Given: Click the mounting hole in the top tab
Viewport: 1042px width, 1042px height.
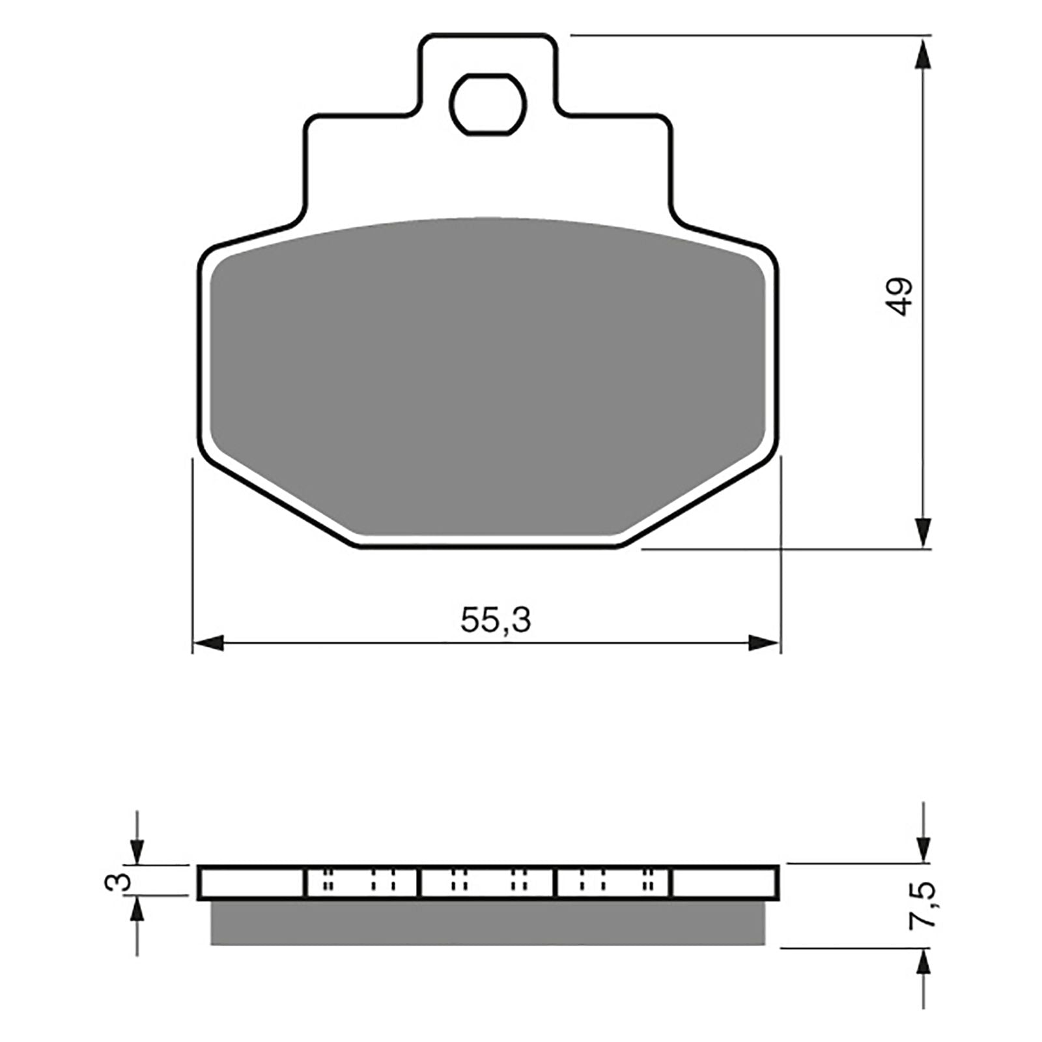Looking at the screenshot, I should coord(487,104).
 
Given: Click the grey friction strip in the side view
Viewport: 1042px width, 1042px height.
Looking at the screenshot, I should coord(487,923).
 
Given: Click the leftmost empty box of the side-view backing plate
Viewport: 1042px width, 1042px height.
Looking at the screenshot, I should coord(252,882).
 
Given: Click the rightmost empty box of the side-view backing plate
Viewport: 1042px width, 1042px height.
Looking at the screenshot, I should coord(724,882).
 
